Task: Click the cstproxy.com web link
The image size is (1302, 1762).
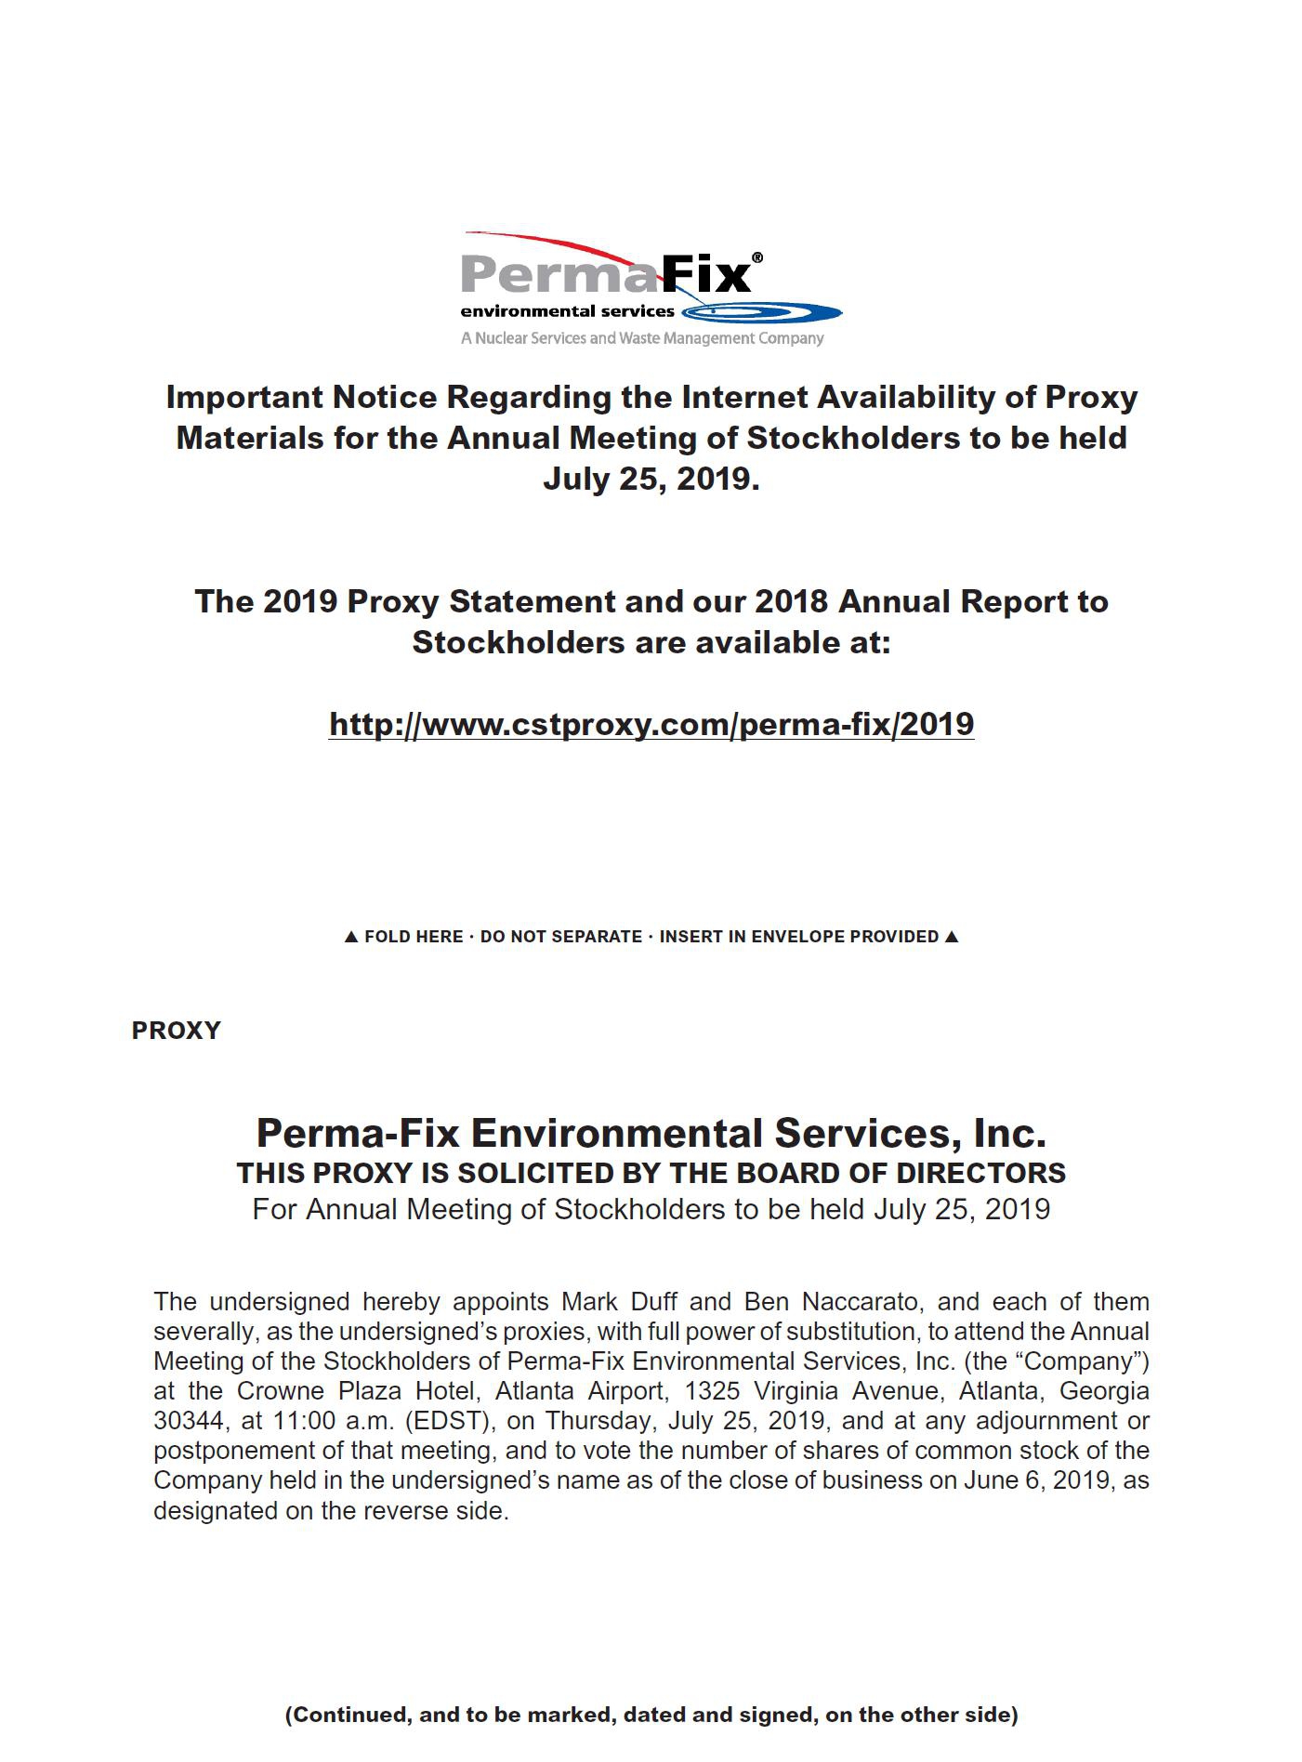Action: point(651,724)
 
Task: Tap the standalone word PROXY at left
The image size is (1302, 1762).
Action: point(177,1031)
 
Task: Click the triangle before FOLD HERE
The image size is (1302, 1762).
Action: point(350,937)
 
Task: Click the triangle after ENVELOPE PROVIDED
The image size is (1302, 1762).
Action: point(951,937)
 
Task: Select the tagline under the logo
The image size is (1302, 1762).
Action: point(642,338)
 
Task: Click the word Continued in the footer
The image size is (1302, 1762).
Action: point(350,1715)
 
